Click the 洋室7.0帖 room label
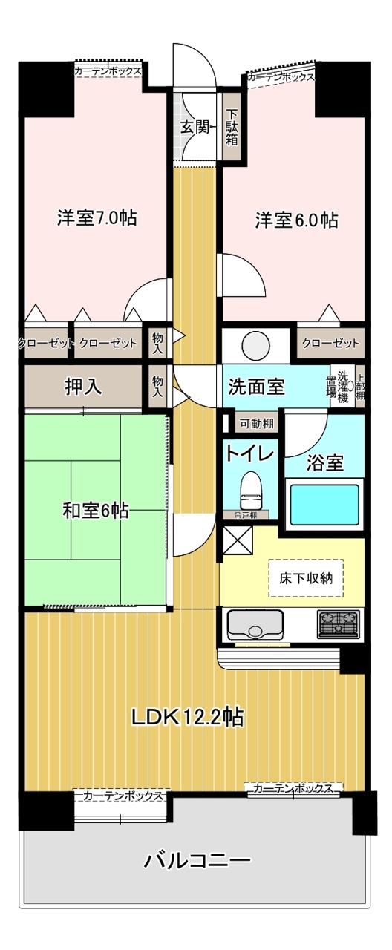97,217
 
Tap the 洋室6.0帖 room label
296,220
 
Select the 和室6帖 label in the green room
96,510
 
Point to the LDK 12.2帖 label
187,716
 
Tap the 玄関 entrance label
195,127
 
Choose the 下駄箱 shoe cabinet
232,127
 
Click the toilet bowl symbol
252,491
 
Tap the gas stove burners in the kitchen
339,624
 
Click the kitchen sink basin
255,625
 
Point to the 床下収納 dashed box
306,578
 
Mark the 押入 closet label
83,387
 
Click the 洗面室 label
256,387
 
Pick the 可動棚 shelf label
257,423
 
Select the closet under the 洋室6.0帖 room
330,343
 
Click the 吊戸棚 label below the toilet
246,515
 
